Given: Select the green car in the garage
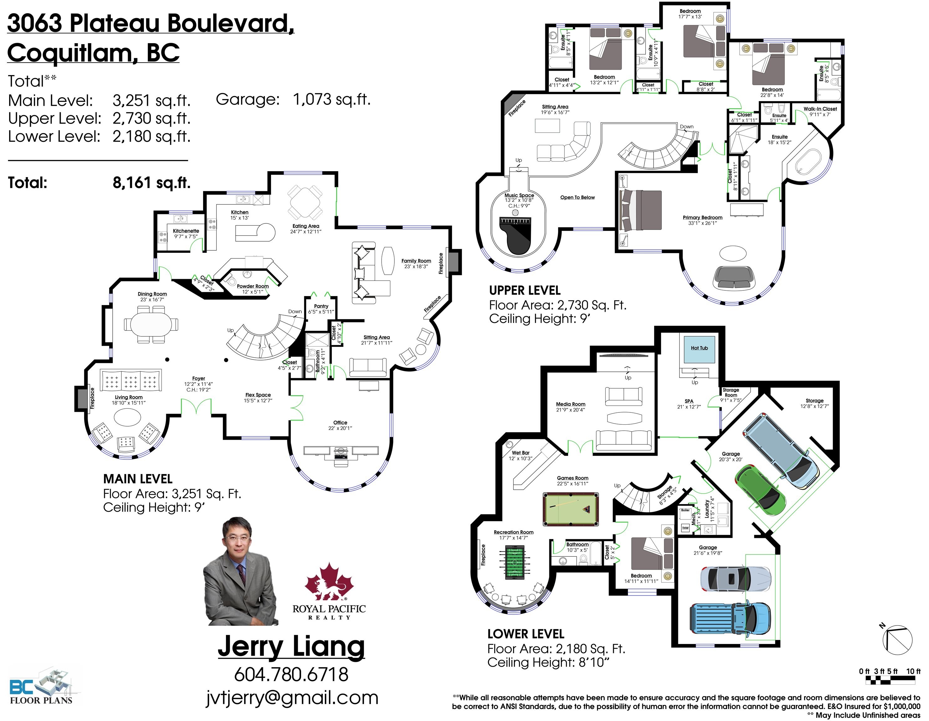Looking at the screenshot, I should (x=761, y=490).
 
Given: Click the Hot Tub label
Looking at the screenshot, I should (x=699, y=348).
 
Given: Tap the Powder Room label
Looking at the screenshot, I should (x=253, y=286).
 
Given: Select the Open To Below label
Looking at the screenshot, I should (x=577, y=197).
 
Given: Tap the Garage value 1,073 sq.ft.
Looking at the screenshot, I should (x=332, y=100).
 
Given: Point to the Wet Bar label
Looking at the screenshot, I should (x=521, y=453).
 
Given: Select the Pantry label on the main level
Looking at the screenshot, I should (x=321, y=306).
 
